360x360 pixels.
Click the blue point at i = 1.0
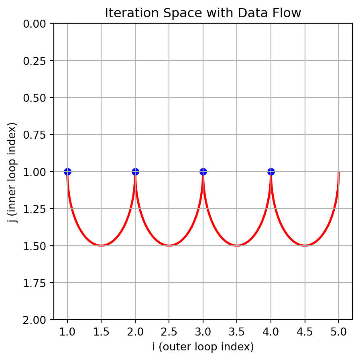(67, 172)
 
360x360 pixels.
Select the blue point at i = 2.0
(135, 172)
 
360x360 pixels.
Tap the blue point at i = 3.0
(203, 172)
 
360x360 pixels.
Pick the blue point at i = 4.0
(271, 172)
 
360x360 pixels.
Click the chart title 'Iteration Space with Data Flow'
(203, 13)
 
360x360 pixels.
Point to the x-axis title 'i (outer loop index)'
(203, 346)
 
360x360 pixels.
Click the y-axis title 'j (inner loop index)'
(13, 172)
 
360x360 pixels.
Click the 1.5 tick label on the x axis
(101, 331)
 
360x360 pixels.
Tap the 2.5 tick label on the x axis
(169, 331)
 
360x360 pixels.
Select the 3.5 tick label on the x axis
(237, 331)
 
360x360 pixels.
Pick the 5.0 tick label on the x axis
(339, 331)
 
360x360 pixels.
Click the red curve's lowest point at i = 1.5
(101, 245)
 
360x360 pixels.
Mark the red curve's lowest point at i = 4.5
(305, 245)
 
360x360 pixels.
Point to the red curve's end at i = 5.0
(339, 173)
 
